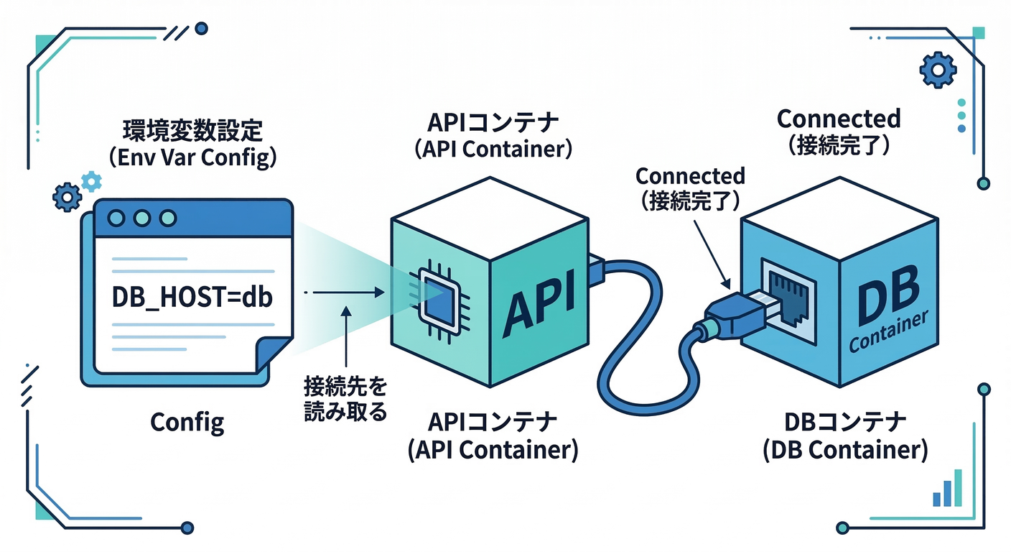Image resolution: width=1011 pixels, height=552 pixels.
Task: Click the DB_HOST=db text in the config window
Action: tap(192, 298)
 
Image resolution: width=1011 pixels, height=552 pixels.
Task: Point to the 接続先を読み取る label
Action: tap(345, 400)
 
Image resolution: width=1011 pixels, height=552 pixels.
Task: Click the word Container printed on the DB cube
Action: tap(889, 333)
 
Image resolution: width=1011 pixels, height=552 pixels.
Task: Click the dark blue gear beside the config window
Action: tap(67, 195)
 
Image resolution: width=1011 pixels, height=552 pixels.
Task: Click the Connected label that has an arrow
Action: tap(690, 187)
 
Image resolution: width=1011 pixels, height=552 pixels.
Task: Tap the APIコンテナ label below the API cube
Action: tap(493, 434)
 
